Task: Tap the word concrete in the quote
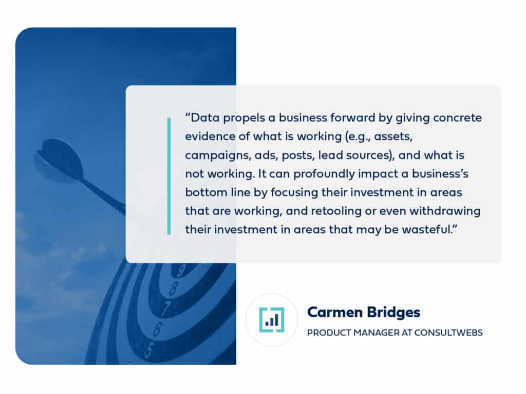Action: click(x=457, y=118)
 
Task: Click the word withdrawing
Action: click(x=445, y=211)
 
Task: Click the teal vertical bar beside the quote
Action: click(x=168, y=176)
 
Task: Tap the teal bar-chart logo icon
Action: click(x=271, y=320)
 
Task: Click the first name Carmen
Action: click(x=335, y=312)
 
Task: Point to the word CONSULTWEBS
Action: click(x=448, y=332)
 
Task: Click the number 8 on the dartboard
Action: click(x=174, y=288)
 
